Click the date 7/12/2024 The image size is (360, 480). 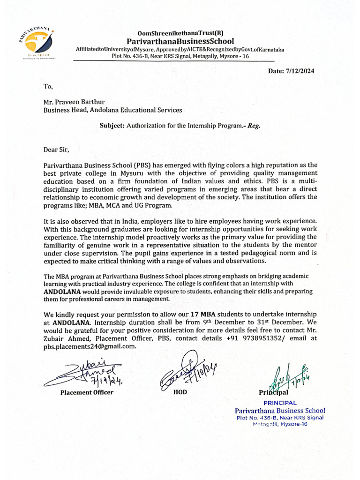click(x=291, y=71)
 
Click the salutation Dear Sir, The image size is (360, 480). click(x=56, y=150)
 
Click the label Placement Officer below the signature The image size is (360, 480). click(x=86, y=392)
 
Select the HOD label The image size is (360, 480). click(x=180, y=392)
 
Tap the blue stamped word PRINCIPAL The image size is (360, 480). click(x=280, y=403)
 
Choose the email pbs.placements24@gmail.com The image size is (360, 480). click(x=90, y=346)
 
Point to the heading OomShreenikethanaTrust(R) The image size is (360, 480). click(x=180, y=33)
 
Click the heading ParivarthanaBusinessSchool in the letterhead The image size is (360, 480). click(x=180, y=41)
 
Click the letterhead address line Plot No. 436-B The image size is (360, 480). click(x=180, y=56)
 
